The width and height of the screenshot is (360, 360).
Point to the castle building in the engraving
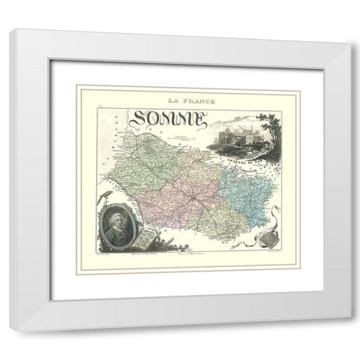tap(238, 136)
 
